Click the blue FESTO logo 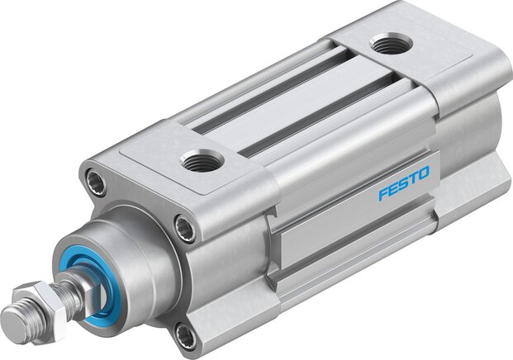pos(404,183)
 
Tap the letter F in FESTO pos(383,194)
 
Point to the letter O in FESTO pos(423,173)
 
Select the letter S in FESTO pos(403,183)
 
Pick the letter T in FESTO pos(413,178)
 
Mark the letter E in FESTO pos(393,188)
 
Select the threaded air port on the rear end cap pos(391,43)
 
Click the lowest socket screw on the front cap pos(186,335)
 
